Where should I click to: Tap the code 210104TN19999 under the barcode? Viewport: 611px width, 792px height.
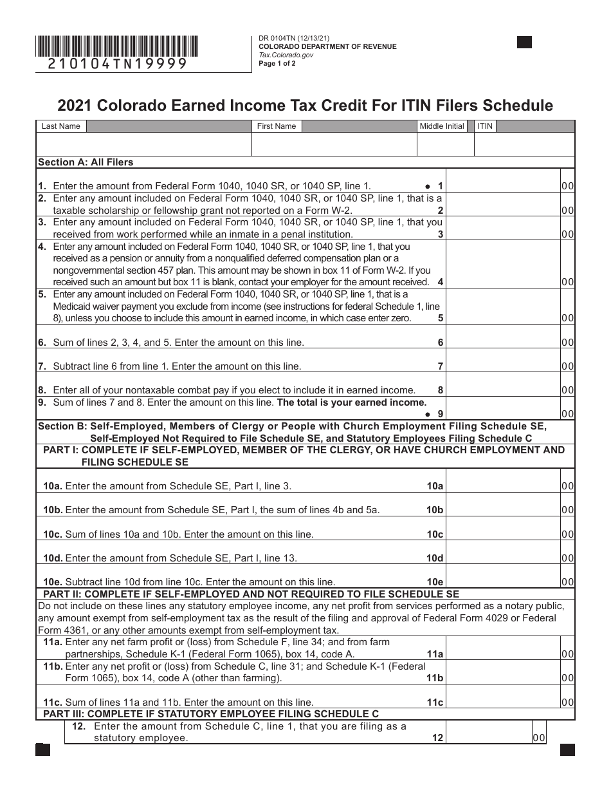pos(118,64)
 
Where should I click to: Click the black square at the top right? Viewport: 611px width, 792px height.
pos(524,42)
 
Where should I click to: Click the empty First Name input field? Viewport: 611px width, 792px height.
pos(334,145)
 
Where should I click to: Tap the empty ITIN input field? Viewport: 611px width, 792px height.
pos(524,145)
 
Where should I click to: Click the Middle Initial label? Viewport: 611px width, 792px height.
pos(441,126)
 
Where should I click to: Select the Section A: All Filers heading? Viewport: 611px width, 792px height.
pos(86,162)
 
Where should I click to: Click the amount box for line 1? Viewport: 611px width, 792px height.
pos(502,185)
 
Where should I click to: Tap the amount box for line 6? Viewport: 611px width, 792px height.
pos(502,343)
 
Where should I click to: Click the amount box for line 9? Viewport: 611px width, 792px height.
pos(502,413)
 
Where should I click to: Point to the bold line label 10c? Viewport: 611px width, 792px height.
pos(435,534)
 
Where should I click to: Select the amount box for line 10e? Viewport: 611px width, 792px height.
pos(502,582)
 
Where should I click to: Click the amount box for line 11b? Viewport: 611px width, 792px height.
pos(502,678)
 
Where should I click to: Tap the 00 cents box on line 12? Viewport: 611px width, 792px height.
pos(538,739)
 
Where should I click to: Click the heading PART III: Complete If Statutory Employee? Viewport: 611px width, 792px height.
pos(211,713)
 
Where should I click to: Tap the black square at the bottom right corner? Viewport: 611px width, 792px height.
pos(567,750)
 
